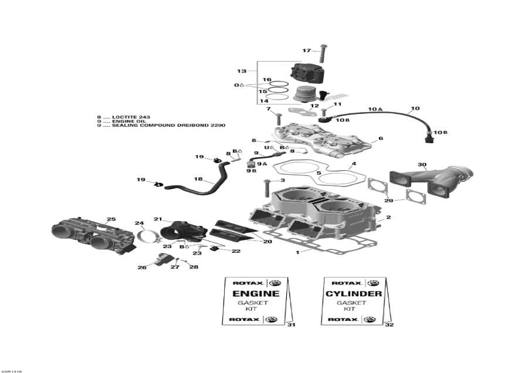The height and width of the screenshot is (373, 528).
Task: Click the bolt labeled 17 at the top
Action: click(x=322, y=54)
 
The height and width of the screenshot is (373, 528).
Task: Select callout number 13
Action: click(x=242, y=71)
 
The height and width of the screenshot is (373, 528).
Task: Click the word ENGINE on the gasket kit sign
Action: click(x=256, y=293)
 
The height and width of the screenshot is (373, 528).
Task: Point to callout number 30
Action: click(x=422, y=164)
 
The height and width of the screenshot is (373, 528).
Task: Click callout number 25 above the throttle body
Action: click(x=111, y=219)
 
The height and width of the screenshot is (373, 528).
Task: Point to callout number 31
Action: click(x=292, y=324)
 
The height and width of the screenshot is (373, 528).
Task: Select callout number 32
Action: click(x=390, y=324)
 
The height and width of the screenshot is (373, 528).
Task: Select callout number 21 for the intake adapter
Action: click(x=158, y=219)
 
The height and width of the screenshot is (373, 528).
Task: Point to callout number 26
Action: click(x=141, y=267)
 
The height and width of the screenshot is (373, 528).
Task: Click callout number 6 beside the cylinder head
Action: click(x=381, y=139)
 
